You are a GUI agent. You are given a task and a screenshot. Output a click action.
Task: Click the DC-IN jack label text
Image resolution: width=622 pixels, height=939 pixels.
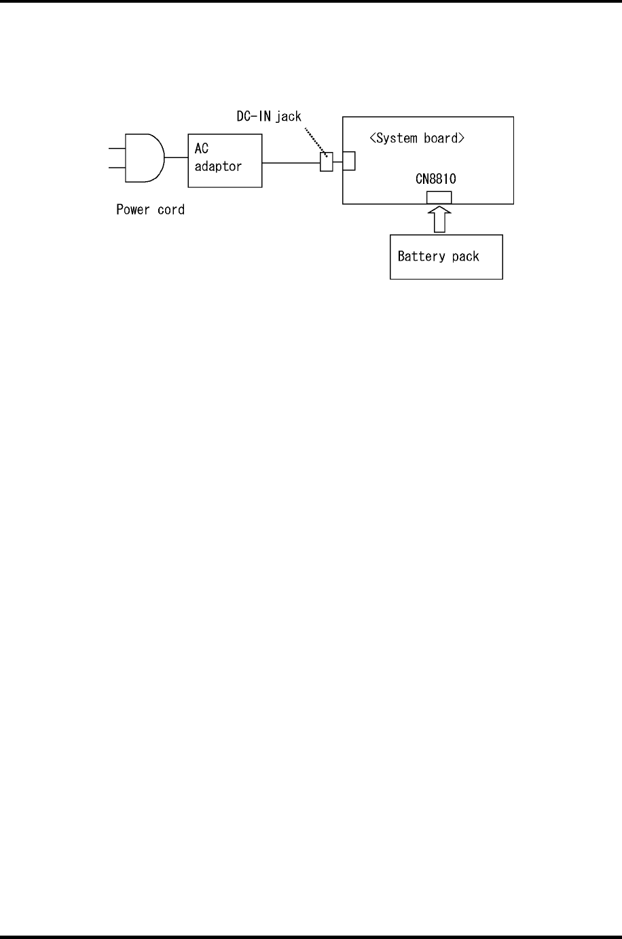click(x=264, y=117)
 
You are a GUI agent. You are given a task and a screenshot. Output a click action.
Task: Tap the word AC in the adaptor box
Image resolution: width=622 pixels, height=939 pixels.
click(x=202, y=149)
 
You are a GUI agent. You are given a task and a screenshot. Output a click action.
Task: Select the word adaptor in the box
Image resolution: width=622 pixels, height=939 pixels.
click(x=218, y=166)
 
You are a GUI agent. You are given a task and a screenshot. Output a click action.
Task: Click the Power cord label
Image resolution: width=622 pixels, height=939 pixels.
click(x=150, y=210)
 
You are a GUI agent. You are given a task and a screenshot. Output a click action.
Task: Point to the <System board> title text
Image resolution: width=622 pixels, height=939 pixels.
click(x=417, y=138)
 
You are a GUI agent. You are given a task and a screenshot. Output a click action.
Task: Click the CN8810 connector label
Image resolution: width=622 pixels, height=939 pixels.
click(x=435, y=180)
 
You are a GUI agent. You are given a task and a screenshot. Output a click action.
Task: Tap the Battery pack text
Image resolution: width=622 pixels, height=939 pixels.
click(x=438, y=256)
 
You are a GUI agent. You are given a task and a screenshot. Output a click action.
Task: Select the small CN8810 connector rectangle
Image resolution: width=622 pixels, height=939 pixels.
click(x=439, y=197)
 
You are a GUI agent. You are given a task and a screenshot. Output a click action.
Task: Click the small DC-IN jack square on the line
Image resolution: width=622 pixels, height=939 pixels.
click(x=327, y=162)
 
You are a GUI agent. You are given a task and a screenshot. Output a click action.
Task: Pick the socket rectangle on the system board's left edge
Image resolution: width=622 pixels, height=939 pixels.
click(x=348, y=161)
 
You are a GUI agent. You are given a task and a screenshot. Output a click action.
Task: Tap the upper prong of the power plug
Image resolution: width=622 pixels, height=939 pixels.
click(x=116, y=147)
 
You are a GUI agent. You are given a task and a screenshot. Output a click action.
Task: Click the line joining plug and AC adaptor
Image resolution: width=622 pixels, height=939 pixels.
click(x=177, y=157)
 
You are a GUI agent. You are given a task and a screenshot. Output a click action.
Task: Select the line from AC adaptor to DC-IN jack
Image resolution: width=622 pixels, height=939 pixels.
click(x=291, y=162)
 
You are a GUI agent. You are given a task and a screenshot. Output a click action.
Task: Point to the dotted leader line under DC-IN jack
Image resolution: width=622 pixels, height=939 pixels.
click(x=316, y=140)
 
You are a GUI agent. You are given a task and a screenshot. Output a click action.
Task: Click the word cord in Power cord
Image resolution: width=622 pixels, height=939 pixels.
click(x=170, y=210)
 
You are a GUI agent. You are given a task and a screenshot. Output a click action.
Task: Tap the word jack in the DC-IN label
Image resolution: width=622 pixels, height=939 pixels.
click(x=288, y=117)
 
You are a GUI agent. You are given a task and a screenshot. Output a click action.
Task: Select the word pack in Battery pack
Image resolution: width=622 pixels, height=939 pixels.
click(x=465, y=256)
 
